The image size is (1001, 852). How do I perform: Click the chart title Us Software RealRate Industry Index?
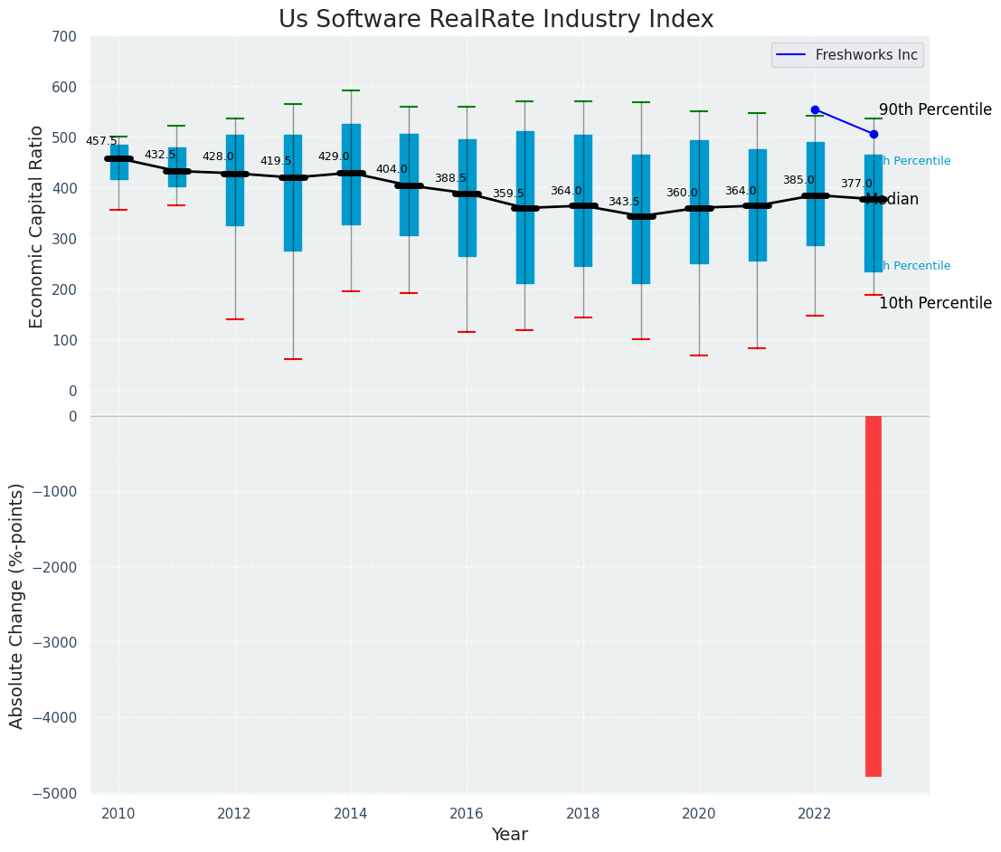click(496, 20)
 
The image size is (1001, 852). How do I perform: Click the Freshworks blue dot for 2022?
click(815, 109)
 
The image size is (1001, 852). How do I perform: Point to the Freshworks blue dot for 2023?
click(874, 134)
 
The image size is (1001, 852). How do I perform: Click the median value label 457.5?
click(101, 141)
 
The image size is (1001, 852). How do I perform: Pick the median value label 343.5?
click(624, 202)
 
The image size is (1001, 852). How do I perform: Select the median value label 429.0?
click(334, 156)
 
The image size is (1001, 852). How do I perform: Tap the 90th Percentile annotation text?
click(935, 109)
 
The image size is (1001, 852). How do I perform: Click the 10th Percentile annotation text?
click(935, 303)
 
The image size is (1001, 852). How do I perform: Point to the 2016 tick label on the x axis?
click(467, 813)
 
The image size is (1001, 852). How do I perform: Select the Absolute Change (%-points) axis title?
click(17, 605)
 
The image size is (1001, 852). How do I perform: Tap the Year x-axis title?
click(509, 834)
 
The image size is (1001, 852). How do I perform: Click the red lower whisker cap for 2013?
click(293, 359)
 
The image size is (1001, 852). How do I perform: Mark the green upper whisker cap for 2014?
click(351, 90)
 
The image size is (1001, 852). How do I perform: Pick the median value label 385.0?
click(798, 180)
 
